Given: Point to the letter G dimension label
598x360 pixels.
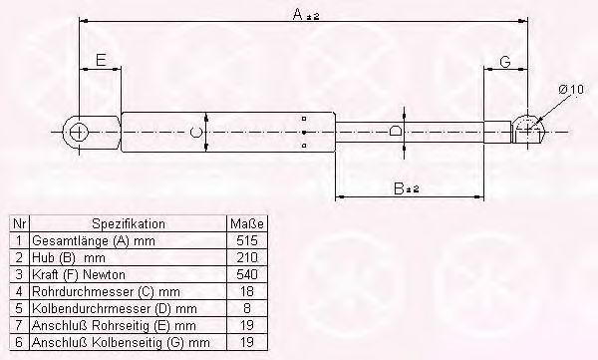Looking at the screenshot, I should pos(505,63).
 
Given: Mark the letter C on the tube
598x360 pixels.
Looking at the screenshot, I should pos(195,131).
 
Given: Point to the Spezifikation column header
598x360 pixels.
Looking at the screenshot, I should pos(129,224).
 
